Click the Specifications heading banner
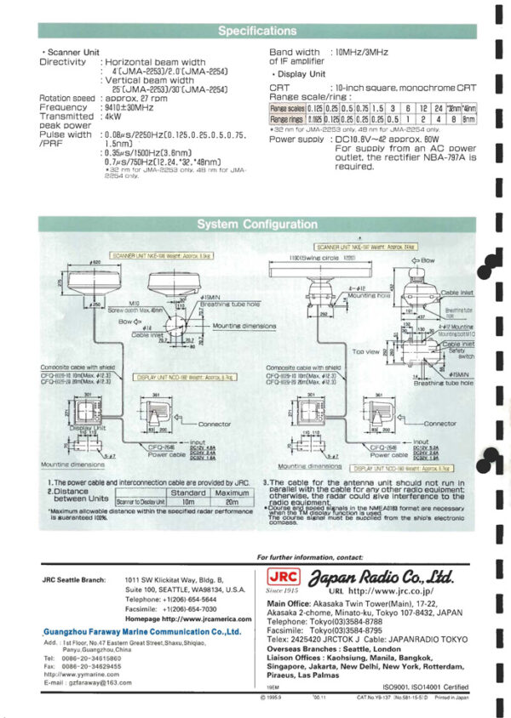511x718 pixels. click(x=256, y=31)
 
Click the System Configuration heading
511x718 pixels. click(x=256, y=225)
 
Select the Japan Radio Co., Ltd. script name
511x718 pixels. click(x=383, y=576)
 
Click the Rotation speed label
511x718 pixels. click(x=67, y=99)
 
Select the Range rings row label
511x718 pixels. click(x=287, y=121)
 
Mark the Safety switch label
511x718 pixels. click(x=455, y=350)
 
